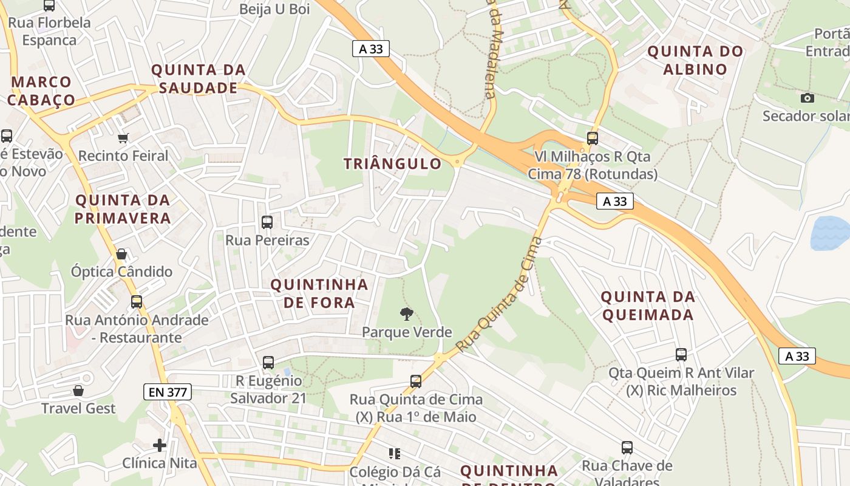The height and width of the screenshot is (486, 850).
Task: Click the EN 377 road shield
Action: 168,392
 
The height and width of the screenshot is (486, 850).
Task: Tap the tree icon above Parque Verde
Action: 407,313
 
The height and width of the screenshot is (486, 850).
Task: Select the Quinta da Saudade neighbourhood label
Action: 198,79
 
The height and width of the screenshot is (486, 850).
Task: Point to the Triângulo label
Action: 392,163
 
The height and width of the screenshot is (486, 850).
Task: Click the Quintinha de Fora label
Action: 319,293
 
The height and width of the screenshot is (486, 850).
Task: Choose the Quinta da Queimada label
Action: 647,306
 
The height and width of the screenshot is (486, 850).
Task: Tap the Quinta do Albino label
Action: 695,60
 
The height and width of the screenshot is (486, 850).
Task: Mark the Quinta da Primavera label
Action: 123,209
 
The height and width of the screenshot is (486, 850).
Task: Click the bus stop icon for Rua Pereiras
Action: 267,222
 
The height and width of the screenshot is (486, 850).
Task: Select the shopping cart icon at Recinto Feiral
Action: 123,139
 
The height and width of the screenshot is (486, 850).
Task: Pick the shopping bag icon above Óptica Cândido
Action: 121,254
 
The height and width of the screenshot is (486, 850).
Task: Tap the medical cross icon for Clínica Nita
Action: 160,445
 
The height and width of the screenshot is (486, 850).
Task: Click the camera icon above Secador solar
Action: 807,98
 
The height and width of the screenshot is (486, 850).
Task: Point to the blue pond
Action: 830,233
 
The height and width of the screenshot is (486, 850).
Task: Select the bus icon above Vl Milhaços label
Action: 593,138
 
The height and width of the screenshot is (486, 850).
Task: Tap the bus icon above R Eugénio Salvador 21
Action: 268,363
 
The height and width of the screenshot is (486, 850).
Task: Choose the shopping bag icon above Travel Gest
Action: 78,390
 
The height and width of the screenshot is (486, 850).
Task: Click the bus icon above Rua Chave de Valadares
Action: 627,448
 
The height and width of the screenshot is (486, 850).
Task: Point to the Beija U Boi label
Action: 274,9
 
